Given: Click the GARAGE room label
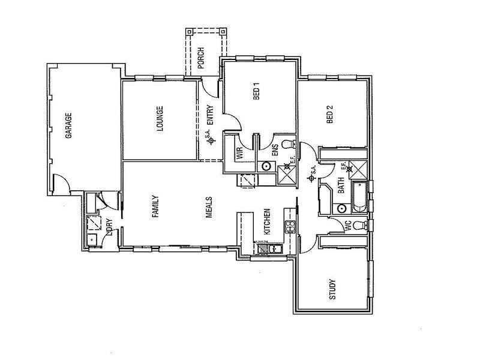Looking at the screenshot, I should (x=68, y=126).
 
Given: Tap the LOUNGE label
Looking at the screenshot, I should (x=160, y=119).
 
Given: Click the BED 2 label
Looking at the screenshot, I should (x=329, y=115).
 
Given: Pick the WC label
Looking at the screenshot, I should (x=347, y=227).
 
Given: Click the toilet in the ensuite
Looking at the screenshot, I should (x=288, y=145).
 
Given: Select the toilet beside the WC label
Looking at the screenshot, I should (x=358, y=226).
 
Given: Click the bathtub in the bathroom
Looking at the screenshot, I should (x=360, y=197).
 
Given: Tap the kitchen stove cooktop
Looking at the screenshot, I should (x=289, y=226).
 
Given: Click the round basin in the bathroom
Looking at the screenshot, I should (x=341, y=208).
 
